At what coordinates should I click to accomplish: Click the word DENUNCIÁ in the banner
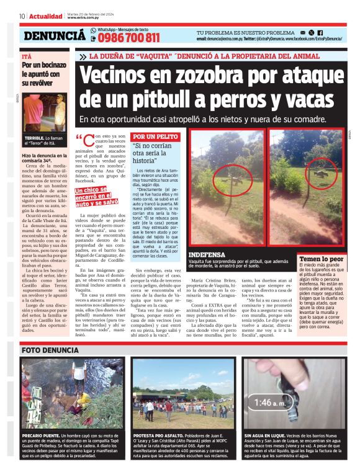(55, 36)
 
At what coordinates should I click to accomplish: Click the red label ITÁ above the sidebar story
(26, 56)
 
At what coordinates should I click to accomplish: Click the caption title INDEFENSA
(206, 255)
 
